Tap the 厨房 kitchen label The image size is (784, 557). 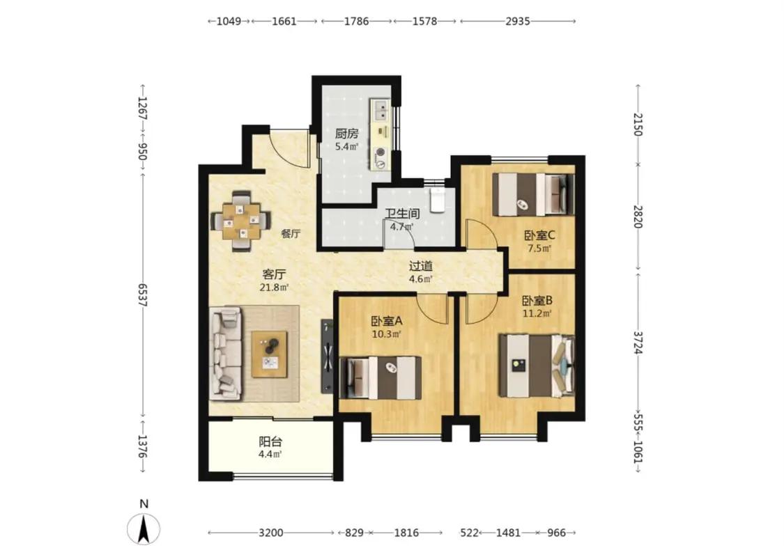tap(347, 134)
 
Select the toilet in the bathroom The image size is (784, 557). tap(438, 199)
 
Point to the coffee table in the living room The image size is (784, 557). tap(270, 354)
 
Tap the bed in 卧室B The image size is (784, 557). tap(537, 366)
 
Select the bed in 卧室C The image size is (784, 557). tap(533, 194)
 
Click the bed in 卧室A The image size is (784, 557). tap(381, 377)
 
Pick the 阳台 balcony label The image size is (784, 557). tap(270, 441)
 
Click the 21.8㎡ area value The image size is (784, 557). tap(275, 288)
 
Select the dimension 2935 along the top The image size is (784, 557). tap(518, 21)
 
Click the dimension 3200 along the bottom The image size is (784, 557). tap(270, 533)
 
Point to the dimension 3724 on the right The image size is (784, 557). tap(638, 343)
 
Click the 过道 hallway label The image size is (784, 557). tap(420, 266)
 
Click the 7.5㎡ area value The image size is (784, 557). tap(539, 249)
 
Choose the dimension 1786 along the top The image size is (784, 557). tap(357, 21)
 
